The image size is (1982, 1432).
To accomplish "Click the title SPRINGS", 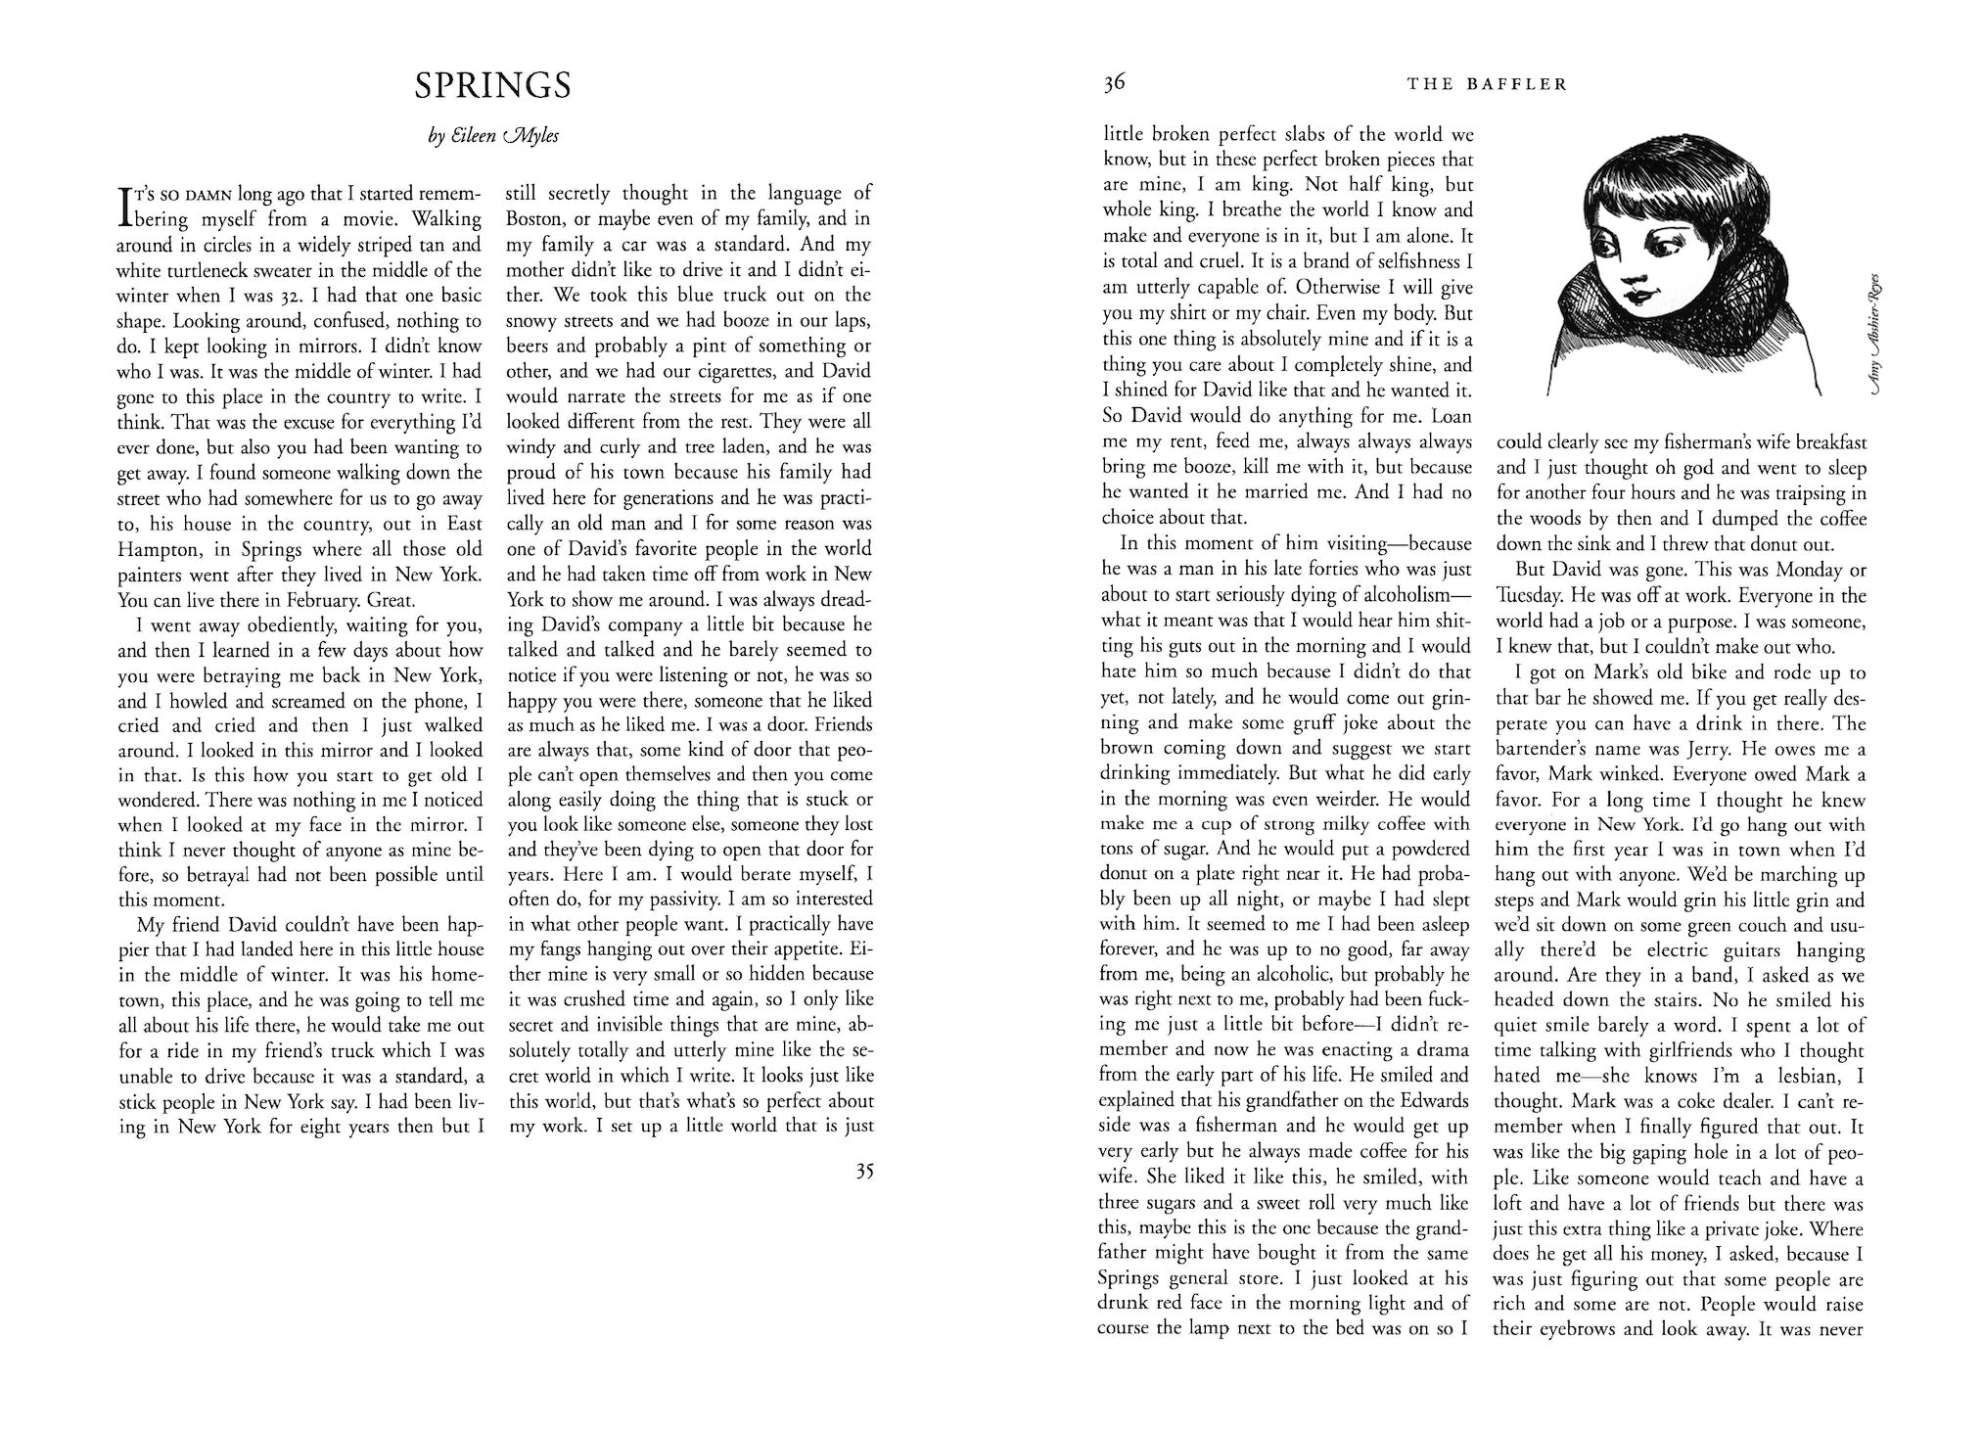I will pyautogui.click(x=492, y=86).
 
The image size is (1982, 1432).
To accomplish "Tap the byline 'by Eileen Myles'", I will pyautogui.click(x=493, y=137).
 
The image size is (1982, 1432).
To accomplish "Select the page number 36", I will pyautogui.click(x=1115, y=83).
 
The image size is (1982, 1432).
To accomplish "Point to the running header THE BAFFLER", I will pyautogui.click(x=1487, y=84).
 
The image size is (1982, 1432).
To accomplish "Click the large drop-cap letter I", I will pyautogui.click(x=123, y=207).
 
